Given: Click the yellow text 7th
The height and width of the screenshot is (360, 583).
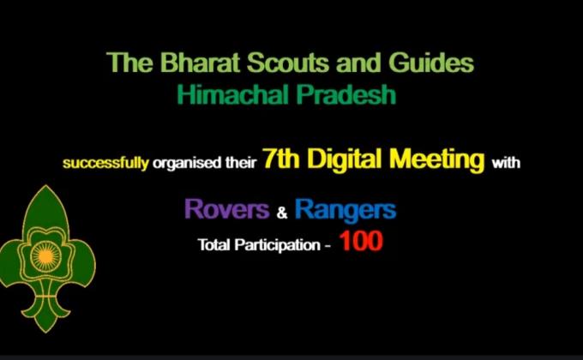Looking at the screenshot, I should [x=281, y=159].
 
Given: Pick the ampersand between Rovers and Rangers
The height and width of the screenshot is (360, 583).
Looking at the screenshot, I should [x=280, y=210].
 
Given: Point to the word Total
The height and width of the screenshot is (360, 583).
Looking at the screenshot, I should [x=213, y=244].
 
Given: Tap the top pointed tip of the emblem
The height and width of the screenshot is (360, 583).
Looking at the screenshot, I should [x=47, y=189].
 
